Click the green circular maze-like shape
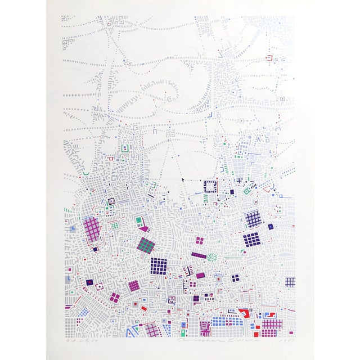click(x=211, y=258)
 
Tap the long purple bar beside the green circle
click(x=199, y=255)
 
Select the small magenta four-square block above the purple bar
click(x=199, y=241)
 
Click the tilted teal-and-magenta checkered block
click(x=146, y=245)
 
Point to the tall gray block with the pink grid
click(x=91, y=229)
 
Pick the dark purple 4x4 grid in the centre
click(x=159, y=265)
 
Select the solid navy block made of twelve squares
click(x=251, y=240)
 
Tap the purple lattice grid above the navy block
click(x=254, y=218)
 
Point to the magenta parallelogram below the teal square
click(x=144, y=229)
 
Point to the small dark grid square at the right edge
click(x=290, y=282)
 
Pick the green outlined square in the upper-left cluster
click(x=124, y=148)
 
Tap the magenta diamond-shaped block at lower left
click(x=114, y=297)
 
